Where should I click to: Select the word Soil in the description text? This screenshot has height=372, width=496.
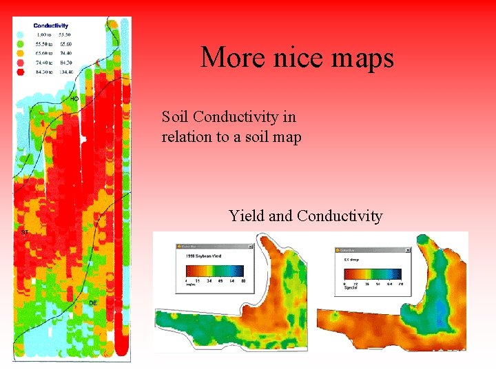click(176, 116)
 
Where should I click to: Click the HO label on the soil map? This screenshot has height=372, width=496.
click(74, 99)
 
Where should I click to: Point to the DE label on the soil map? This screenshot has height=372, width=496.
click(92, 303)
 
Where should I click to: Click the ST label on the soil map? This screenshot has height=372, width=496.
click(25, 232)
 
